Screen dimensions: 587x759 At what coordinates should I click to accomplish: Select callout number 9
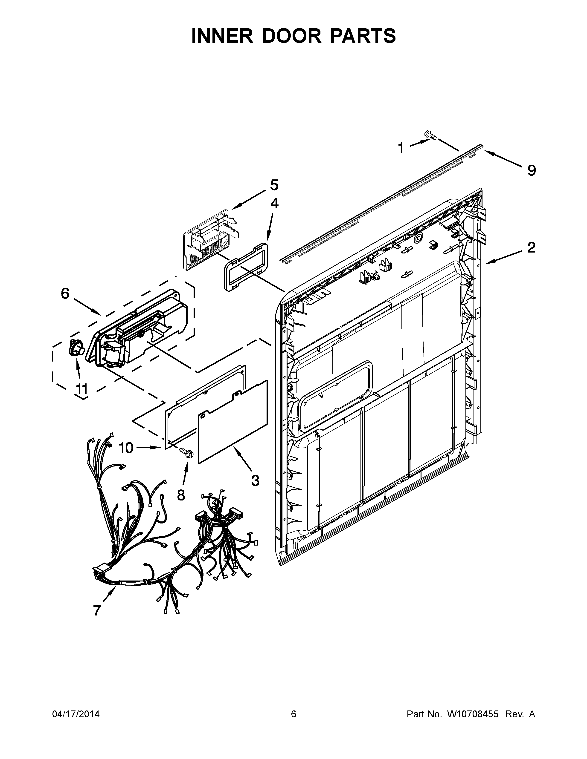click(x=531, y=170)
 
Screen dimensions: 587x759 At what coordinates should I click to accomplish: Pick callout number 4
click(x=274, y=203)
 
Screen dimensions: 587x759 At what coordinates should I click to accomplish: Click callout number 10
click(x=126, y=448)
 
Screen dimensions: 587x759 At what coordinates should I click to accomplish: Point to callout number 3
click(x=255, y=481)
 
